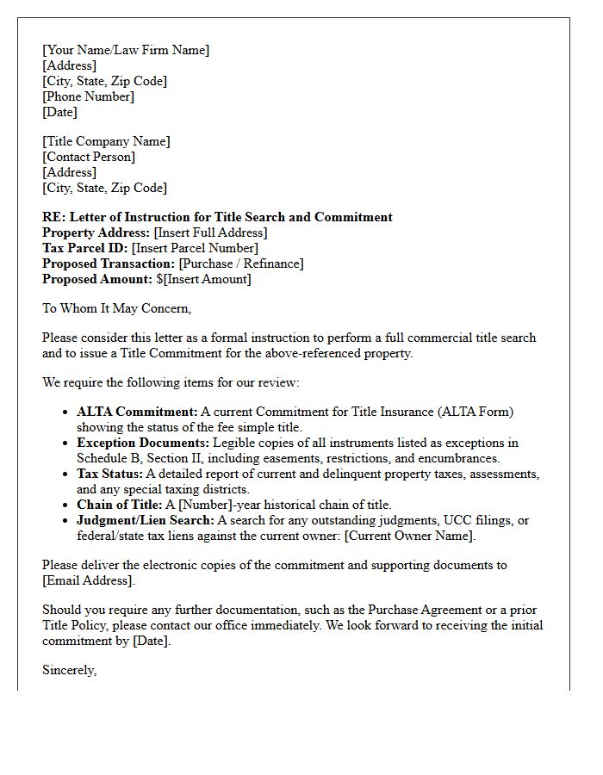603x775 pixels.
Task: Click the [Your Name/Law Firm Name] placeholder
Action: pyautogui.click(x=126, y=50)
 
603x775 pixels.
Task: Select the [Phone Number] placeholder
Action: pyautogui.click(x=88, y=96)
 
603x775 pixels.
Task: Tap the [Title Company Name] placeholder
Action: pyautogui.click(x=106, y=141)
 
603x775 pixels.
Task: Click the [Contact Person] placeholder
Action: pyautogui.click(x=89, y=157)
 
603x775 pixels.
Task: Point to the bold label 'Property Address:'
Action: pyautogui.click(x=96, y=232)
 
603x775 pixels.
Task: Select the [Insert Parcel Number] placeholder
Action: pyautogui.click(x=195, y=248)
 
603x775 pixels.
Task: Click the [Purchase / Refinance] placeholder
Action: pyautogui.click(x=240, y=263)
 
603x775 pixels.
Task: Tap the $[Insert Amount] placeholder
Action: pyautogui.click(x=203, y=279)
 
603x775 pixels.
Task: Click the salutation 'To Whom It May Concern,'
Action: pyautogui.click(x=116, y=308)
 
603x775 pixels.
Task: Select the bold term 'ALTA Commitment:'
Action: pyautogui.click(x=137, y=412)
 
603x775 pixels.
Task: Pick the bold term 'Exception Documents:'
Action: pyautogui.click(x=143, y=443)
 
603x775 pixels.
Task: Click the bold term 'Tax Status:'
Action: pyautogui.click(x=109, y=474)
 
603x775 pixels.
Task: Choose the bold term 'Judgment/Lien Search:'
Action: pyautogui.click(x=145, y=520)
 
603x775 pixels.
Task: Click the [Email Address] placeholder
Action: pyautogui.click(x=88, y=580)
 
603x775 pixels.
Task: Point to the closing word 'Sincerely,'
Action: pyautogui.click(x=69, y=670)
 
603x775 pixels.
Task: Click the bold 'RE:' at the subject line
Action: pyautogui.click(x=53, y=217)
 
